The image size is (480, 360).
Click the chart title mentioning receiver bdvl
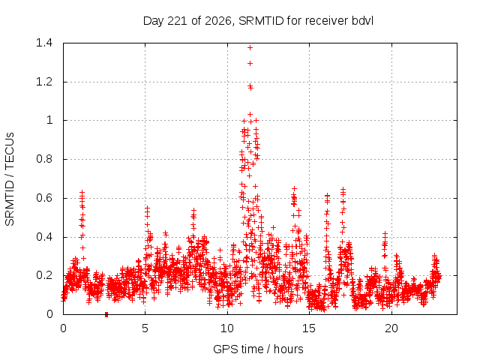tap(258, 21)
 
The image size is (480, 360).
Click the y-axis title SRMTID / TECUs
tap(10, 179)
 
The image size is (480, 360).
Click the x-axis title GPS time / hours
tap(258, 349)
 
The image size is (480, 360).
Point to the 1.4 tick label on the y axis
tap(44, 43)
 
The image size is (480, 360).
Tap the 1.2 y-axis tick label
tap(44, 82)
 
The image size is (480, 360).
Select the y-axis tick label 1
tap(49, 120)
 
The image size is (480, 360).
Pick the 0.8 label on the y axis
tap(44, 159)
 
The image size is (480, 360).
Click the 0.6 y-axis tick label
tap(44, 198)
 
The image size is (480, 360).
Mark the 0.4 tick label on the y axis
tap(44, 237)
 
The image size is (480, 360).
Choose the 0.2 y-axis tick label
tap(44, 275)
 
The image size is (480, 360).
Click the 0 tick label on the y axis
tap(49, 314)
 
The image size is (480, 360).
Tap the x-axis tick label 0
tap(63, 328)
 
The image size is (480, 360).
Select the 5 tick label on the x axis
tap(145, 328)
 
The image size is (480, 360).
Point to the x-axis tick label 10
tap(227, 328)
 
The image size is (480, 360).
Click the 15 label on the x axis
tap(309, 328)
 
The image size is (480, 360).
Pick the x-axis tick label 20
tap(391, 328)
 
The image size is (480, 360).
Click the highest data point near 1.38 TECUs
tap(250, 47)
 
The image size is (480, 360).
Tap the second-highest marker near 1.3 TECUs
tap(250, 63)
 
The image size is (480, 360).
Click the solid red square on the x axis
tap(106, 314)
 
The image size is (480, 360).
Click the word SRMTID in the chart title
tap(261, 21)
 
